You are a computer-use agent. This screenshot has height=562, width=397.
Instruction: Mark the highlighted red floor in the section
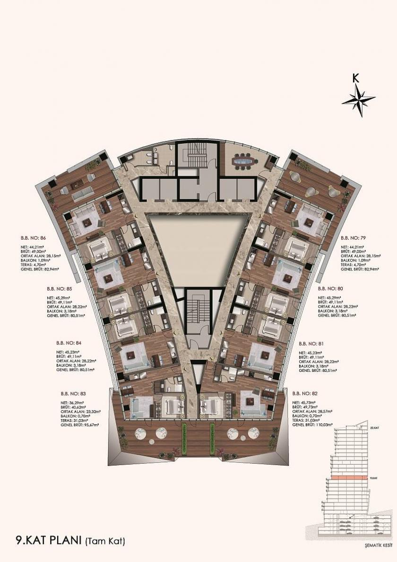[x=347, y=478]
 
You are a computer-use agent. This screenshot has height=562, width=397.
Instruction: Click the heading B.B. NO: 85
[x=59, y=288]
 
